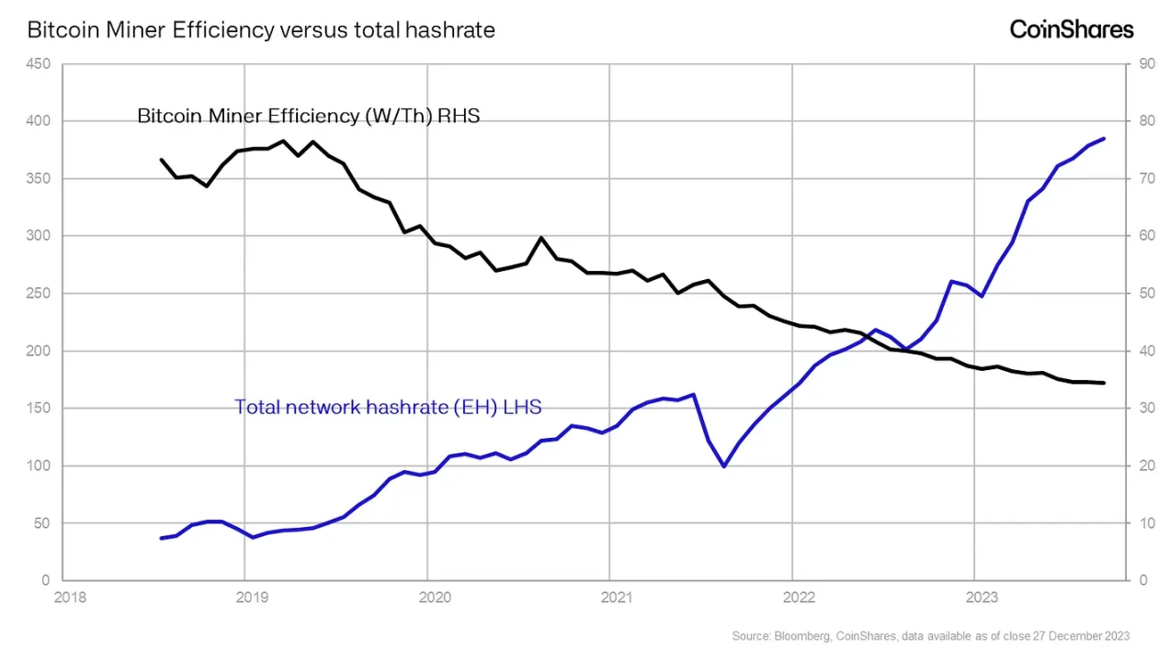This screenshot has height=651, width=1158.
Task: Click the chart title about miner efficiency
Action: pyautogui.click(x=261, y=29)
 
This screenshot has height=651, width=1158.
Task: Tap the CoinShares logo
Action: pyautogui.click(x=1072, y=29)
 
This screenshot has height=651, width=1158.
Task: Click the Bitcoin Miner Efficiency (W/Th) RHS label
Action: pyautogui.click(x=308, y=117)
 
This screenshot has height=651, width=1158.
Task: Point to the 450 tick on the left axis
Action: pyautogui.click(x=39, y=64)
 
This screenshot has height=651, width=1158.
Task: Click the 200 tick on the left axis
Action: pyautogui.click(x=39, y=352)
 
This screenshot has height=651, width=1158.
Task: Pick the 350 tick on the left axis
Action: pyautogui.click(x=39, y=179)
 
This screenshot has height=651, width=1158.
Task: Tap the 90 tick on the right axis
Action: pyautogui.click(x=1146, y=64)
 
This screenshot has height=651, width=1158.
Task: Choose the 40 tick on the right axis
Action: pyautogui.click(x=1146, y=352)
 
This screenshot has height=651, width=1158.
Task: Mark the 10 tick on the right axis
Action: pyautogui.click(x=1146, y=523)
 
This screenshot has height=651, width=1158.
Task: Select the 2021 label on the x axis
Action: pyautogui.click(x=618, y=598)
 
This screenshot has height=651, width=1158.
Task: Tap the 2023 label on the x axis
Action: pyautogui.click(x=982, y=598)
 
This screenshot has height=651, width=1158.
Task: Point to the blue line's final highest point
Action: pyautogui.click(x=1104, y=139)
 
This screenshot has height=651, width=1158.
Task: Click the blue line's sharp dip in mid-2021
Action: pyautogui.click(x=724, y=466)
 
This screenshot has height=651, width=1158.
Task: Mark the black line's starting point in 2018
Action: pyautogui.click(x=162, y=160)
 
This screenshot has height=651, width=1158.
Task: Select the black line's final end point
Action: pyautogui.click(x=1104, y=383)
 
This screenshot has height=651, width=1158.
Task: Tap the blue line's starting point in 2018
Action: pyautogui.click(x=162, y=538)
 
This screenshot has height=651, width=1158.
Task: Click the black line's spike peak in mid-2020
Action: pyautogui.click(x=541, y=238)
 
